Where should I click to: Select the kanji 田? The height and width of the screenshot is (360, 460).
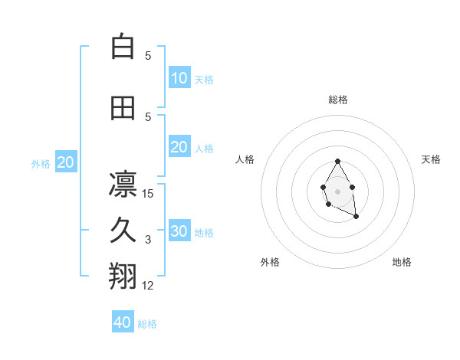(123, 108)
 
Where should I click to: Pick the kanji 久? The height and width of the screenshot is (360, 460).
(123, 231)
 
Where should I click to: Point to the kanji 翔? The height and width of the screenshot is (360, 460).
(123, 277)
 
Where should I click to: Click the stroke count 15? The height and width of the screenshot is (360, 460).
(148, 194)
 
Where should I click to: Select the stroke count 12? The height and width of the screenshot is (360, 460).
(148, 286)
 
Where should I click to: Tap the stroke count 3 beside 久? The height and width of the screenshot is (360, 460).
(148, 240)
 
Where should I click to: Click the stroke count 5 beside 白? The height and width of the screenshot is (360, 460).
(148, 56)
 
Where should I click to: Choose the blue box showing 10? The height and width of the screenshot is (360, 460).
(179, 77)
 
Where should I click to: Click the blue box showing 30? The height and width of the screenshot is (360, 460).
(179, 231)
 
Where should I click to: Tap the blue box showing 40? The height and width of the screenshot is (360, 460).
(123, 322)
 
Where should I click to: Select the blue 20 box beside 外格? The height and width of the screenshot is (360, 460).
(66, 162)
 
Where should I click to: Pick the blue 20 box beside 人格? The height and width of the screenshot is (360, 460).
(179, 147)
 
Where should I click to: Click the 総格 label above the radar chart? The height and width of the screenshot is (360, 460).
(337, 100)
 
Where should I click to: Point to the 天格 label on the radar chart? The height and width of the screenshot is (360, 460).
(432, 159)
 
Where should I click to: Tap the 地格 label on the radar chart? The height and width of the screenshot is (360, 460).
(402, 262)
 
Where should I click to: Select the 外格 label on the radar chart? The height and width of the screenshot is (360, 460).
(270, 262)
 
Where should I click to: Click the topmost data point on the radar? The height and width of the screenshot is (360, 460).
(337, 162)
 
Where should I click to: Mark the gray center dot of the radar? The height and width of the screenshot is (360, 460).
(337, 191)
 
